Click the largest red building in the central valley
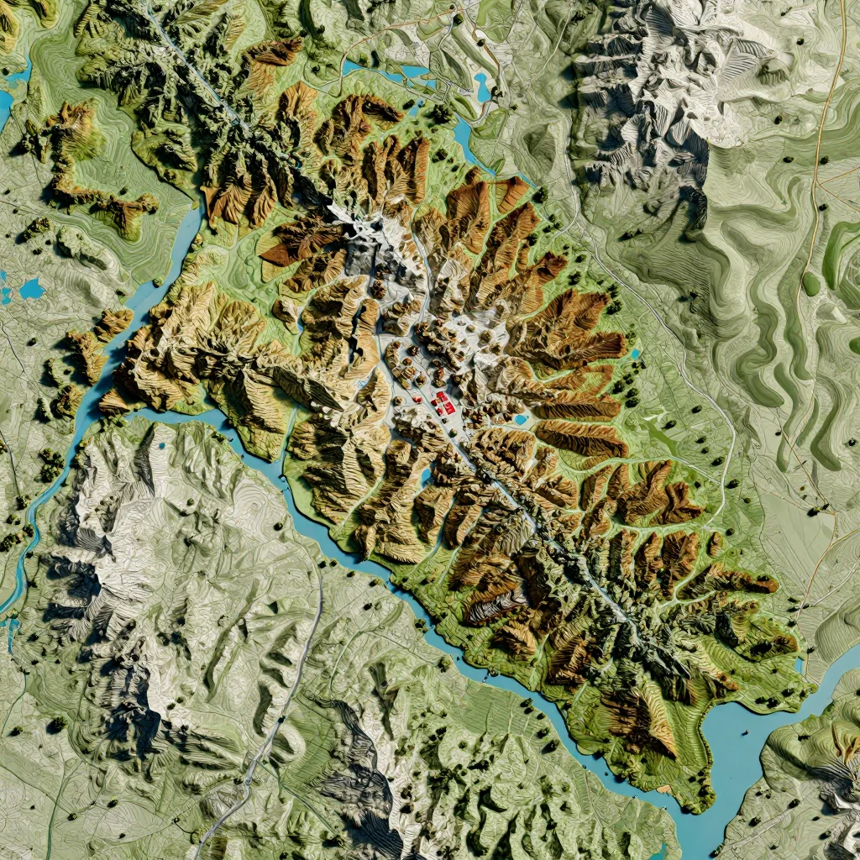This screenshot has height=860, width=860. click(x=442, y=398)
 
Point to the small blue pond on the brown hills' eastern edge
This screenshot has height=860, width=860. click(x=634, y=354)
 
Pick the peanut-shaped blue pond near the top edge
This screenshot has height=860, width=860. click(x=482, y=86)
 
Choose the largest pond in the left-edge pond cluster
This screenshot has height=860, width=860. click(x=32, y=289)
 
